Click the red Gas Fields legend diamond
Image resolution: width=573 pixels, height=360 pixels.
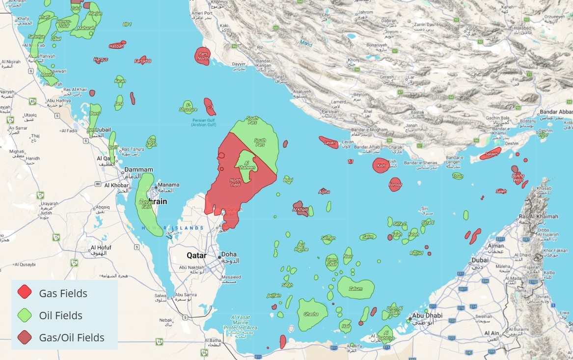tap(25, 292)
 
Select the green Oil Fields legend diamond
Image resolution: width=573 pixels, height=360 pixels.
tap(25, 315)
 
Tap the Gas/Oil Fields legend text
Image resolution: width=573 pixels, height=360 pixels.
tap(72, 338)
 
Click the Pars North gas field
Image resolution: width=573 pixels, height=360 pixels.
tap(203, 55)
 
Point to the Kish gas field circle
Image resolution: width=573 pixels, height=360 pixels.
tap(381, 166)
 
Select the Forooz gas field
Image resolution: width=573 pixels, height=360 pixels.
tap(395, 185)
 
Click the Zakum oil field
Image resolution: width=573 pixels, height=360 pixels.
tap(355, 288)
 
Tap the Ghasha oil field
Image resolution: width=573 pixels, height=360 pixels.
tap(311, 314)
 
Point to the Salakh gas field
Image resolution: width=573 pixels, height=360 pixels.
tap(491, 154)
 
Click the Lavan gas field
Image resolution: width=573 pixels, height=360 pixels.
tap(329, 143)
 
